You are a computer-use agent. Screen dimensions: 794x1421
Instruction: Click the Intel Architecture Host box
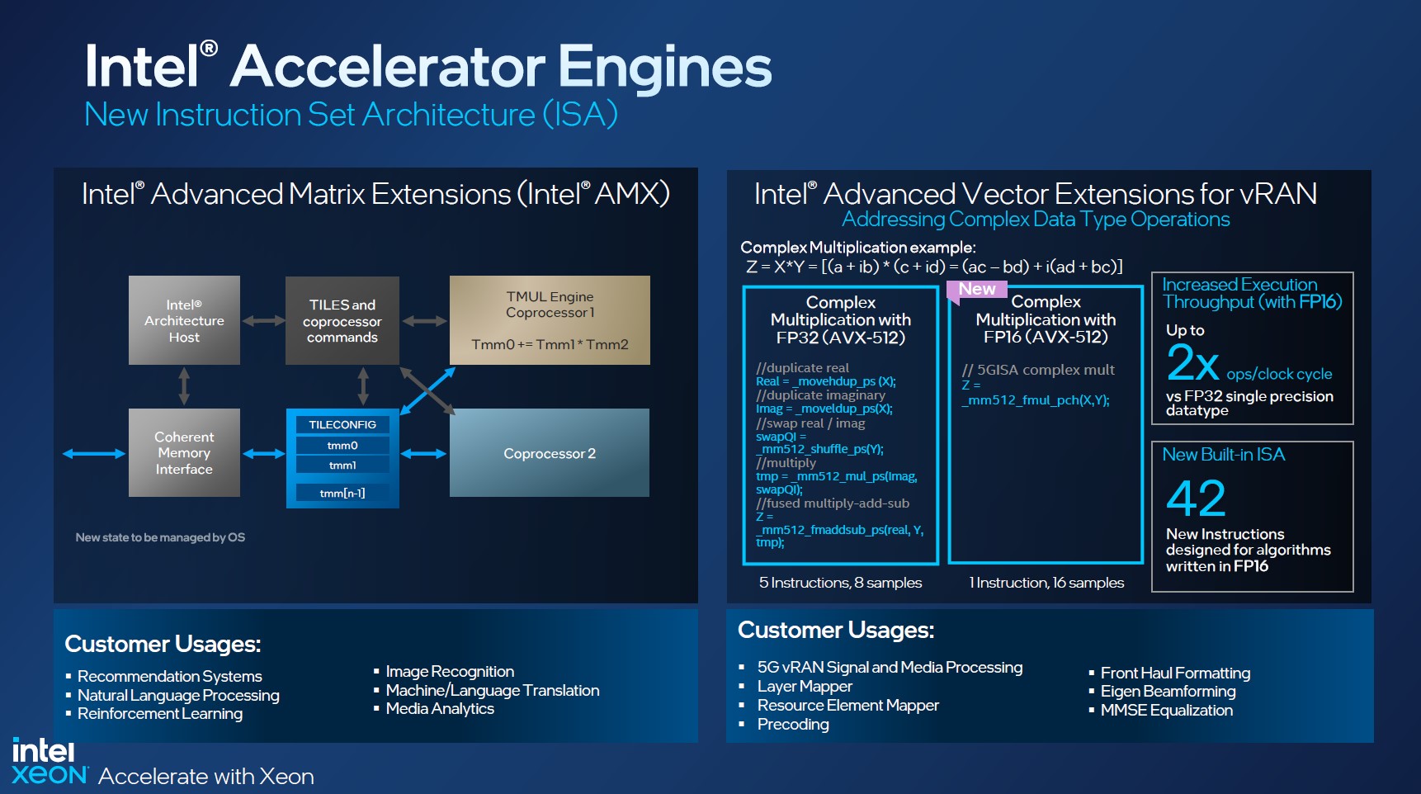pyautogui.click(x=184, y=320)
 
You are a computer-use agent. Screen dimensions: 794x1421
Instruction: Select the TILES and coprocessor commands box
pyautogui.click(x=342, y=320)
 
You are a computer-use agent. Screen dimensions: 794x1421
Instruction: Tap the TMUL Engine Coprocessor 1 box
pyautogui.click(x=550, y=320)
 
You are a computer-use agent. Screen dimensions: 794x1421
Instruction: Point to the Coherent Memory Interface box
pyautogui.click(x=184, y=452)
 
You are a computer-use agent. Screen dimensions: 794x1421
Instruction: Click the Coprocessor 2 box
pyautogui.click(x=550, y=453)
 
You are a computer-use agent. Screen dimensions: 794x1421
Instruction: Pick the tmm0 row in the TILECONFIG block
pyautogui.click(x=342, y=446)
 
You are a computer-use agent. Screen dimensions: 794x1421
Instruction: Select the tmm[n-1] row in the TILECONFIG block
pyautogui.click(x=342, y=493)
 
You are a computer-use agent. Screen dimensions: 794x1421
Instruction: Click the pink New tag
pyautogui.click(x=977, y=289)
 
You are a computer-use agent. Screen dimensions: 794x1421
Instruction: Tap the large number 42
pyautogui.click(x=1196, y=498)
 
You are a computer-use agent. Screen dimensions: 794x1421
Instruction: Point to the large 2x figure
pyautogui.click(x=1192, y=362)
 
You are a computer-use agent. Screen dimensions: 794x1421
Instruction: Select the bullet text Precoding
pyautogui.click(x=793, y=724)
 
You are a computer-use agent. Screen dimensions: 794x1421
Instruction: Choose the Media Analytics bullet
pyautogui.click(x=440, y=708)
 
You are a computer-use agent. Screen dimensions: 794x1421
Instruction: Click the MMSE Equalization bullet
pyautogui.click(x=1166, y=710)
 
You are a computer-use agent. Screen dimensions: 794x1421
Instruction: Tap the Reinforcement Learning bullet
pyautogui.click(x=160, y=713)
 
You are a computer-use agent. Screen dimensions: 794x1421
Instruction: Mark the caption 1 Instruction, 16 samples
pyautogui.click(x=1046, y=583)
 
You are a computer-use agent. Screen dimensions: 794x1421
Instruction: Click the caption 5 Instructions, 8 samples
pyautogui.click(x=840, y=583)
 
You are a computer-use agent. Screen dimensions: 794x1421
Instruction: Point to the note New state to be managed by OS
pyautogui.click(x=160, y=537)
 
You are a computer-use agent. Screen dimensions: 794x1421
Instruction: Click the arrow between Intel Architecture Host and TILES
pyautogui.click(x=263, y=320)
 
